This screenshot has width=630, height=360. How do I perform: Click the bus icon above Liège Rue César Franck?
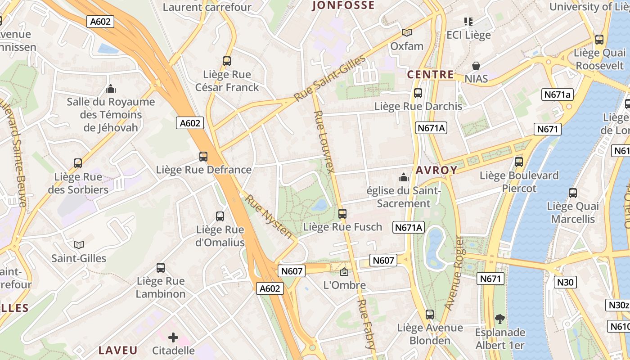point(227,61)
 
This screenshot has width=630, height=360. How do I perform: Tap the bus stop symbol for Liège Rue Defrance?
point(203,157)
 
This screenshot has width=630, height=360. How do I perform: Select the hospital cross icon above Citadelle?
point(173,337)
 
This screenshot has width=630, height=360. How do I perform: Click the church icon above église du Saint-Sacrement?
point(404,177)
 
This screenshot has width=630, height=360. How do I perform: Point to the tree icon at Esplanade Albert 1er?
point(499,319)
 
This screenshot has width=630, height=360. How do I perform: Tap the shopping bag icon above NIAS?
point(476,66)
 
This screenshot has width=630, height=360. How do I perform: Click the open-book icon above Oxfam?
point(407,33)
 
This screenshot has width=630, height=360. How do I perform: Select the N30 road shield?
point(565,282)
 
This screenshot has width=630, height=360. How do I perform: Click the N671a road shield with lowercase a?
point(558,94)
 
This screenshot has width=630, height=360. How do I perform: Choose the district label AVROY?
point(436,171)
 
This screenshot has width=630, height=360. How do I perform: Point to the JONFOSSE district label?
point(343,5)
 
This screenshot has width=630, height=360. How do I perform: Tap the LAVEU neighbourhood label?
point(118,350)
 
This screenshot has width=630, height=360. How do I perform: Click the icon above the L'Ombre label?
point(344,272)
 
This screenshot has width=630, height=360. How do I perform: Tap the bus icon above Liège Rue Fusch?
point(342,214)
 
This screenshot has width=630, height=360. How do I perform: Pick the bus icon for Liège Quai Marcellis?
point(573,193)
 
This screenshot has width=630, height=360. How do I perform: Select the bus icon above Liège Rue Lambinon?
point(161,268)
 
